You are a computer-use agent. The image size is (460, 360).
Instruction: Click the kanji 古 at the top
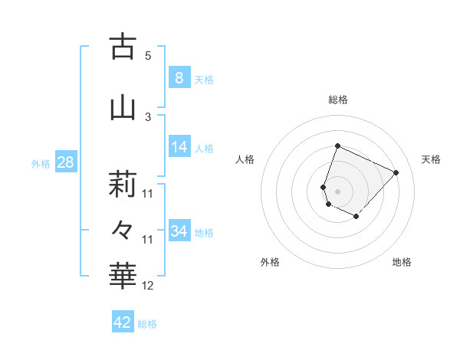click(123, 47)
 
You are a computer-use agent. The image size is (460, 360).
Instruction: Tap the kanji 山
click(123, 108)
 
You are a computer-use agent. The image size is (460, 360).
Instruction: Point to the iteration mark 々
click(123, 229)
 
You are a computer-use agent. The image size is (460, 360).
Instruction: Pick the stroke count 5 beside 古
click(148, 56)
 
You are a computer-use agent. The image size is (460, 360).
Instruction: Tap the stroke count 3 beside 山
click(148, 116)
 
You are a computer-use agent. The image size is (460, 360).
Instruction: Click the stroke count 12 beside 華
click(148, 286)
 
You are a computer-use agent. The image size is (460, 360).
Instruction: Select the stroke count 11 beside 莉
click(148, 193)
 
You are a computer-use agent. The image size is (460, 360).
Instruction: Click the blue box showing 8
click(179, 78)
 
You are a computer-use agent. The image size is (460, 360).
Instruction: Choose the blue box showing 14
click(179, 147)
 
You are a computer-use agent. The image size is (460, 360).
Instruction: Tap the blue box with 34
click(179, 231)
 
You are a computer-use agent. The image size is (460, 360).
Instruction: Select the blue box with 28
click(65, 162)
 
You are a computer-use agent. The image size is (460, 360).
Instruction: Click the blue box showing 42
click(123, 322)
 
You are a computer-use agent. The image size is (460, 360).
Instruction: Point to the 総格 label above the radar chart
click(338, 100)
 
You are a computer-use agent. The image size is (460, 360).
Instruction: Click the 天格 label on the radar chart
click(432, 159)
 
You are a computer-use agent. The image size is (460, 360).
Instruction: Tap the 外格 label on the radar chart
click(270, 263)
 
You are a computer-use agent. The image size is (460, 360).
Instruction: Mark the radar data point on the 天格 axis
click(396, 172)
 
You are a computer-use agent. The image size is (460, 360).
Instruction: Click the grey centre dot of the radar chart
click(338, 191)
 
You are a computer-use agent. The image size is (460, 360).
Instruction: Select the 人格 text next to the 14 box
click(204, 149)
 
